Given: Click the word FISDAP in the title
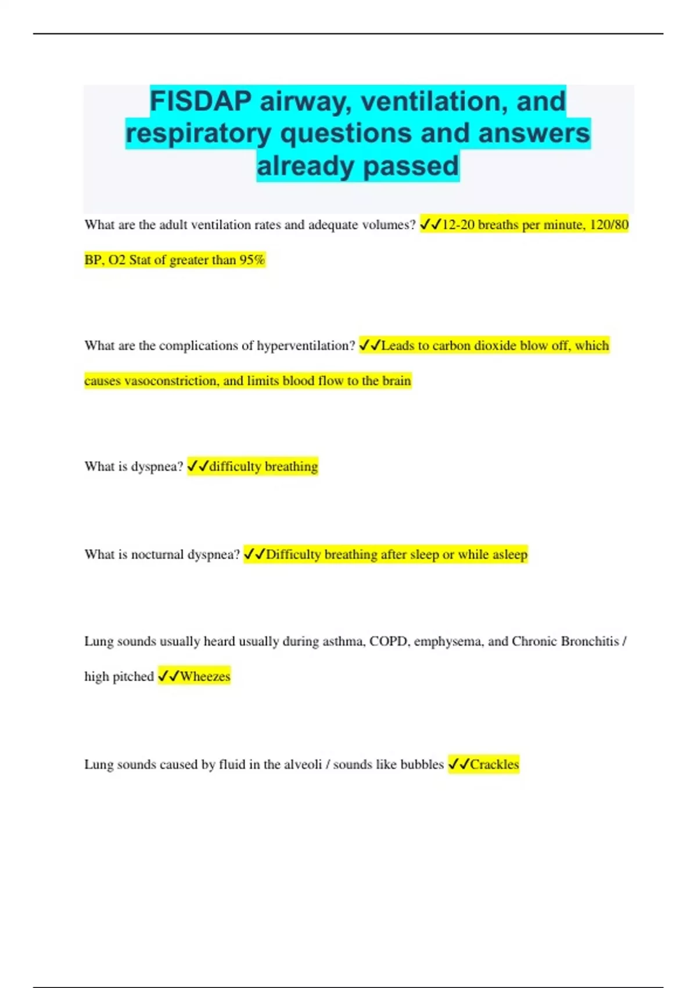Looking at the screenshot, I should pyautogui.click(x=201, y=102).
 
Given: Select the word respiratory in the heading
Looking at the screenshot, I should pyautogui.click(x=199, y=134).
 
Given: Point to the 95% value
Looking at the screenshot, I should pyautogui.click(x=252, y=260).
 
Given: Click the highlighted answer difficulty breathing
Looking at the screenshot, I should pyautogui.click(x=263, y=467).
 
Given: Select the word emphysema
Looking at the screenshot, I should pyautogui.click(x=448, y=642).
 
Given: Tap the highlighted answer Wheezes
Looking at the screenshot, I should pyautogui.click(x=205, y=676).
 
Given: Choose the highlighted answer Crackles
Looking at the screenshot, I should pyautogui.click(x=494, y=764).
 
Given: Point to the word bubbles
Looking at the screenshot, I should pyautogui.click(x=422, y=764).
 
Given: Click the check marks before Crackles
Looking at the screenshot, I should pyautogui.click(x=459, y=764).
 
